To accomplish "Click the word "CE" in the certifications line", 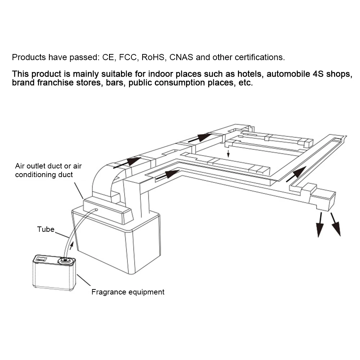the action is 108,57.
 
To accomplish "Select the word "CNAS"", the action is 181,57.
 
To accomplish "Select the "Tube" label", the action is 46,229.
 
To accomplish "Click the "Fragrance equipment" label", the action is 128,292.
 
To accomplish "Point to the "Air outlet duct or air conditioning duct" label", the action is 48,170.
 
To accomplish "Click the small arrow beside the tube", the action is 71,246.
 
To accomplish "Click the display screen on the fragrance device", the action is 41,259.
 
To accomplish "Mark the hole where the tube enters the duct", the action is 96,210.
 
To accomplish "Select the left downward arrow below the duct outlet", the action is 319,225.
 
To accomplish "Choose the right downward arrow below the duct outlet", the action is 336,224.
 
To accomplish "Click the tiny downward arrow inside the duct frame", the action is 228,154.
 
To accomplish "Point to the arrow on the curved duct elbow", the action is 127,163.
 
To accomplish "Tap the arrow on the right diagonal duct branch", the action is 296,174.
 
